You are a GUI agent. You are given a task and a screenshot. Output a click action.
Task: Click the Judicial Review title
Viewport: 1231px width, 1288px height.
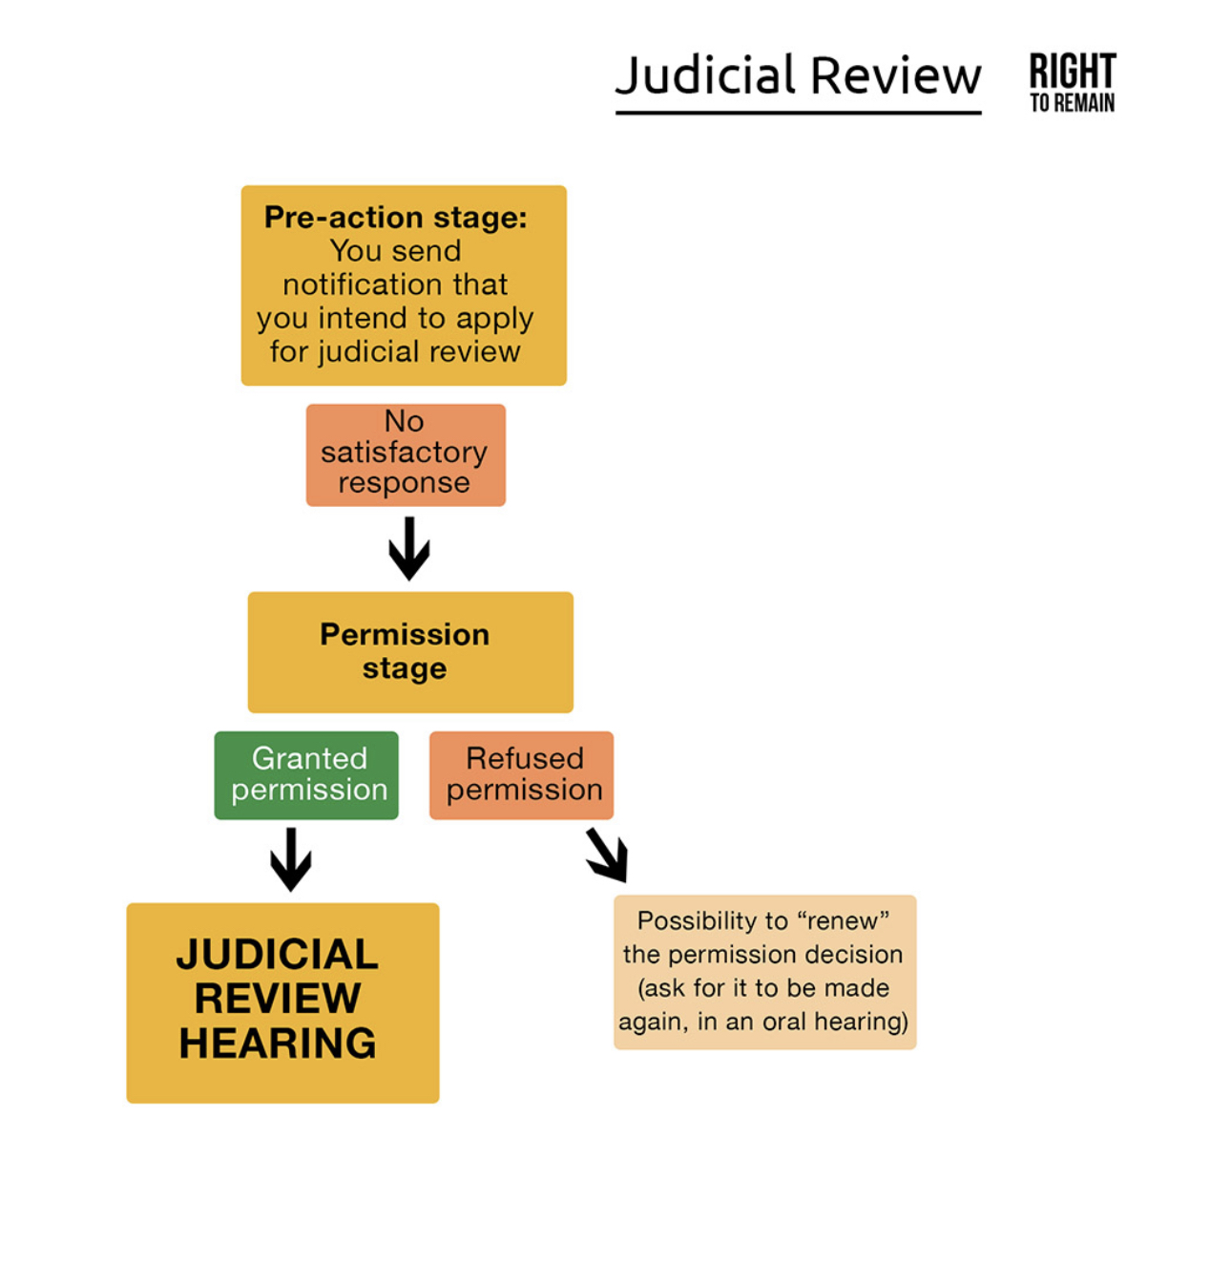[798, 75]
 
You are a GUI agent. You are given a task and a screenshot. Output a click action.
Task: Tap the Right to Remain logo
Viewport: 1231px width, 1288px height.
[1072, 82]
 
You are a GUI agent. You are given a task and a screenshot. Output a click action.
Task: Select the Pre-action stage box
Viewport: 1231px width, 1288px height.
[404, 285]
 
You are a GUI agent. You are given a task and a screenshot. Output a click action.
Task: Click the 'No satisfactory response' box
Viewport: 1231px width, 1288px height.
[406, 454]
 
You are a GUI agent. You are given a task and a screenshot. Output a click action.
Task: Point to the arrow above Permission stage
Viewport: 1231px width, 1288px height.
[409, 548]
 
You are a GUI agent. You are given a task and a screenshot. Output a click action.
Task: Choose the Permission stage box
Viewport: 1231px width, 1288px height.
[410, 652]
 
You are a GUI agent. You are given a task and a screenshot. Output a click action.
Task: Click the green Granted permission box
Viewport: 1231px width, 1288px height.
[306, 775]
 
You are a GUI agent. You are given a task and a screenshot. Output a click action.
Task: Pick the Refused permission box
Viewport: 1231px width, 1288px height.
[521, 775]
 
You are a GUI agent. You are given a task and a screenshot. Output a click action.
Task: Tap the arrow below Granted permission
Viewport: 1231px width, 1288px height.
[291, 858]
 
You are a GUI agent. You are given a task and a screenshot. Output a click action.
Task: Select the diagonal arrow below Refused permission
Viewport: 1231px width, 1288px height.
[607, 854]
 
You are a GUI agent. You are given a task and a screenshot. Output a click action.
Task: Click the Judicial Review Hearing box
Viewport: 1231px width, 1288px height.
[282, 1003]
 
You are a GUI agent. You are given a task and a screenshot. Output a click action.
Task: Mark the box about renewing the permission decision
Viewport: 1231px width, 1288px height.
[764, 972]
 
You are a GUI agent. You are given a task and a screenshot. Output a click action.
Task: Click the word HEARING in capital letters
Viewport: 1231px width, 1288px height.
[278, 1044]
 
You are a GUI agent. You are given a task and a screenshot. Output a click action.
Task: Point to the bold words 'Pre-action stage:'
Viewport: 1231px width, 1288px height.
[395, 218]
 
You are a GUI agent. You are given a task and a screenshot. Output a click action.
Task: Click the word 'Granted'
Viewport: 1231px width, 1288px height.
[309, 758]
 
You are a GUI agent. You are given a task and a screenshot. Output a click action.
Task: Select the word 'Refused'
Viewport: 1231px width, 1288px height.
[524, 758]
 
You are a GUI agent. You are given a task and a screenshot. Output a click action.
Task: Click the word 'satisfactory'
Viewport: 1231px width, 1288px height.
[404, 452]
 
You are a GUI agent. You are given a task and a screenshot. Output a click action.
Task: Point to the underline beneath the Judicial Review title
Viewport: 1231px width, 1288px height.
[798, 113]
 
